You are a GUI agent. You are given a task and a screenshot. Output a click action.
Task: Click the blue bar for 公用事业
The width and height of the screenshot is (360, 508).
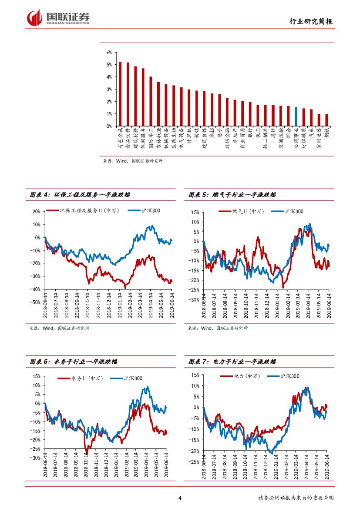tap(296, 117)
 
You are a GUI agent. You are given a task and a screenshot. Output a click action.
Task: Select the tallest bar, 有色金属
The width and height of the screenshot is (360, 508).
tap(120, 94)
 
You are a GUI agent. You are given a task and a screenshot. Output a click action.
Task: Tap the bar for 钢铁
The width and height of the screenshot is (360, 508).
tap(326, 120)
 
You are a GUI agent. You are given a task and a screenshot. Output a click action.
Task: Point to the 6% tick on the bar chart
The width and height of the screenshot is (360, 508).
tap(109, 52)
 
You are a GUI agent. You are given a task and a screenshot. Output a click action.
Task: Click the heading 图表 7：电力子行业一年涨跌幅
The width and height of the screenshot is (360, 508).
tap(232, 362)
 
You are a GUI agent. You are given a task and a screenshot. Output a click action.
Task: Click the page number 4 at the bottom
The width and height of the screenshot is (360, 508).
tap(180, 498)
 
